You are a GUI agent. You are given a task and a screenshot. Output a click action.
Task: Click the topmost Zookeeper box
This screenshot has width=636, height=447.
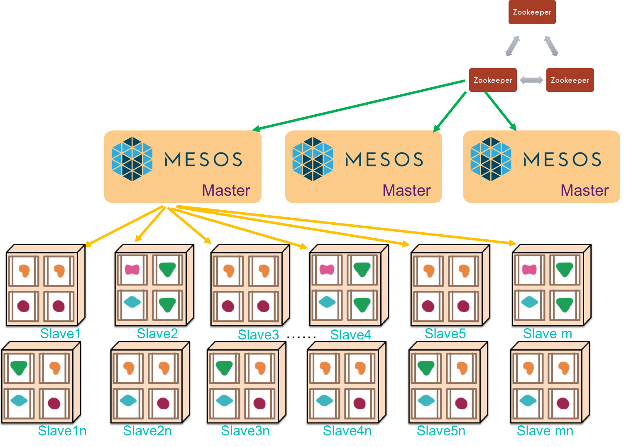coord(532,12)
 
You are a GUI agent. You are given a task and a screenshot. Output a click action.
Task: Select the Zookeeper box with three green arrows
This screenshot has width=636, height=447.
coord(493,80)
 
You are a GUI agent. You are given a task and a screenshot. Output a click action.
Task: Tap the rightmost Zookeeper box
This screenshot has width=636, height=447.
coord(570,80)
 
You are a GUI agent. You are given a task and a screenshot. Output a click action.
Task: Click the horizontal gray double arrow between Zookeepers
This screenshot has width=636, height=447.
coord(531,80)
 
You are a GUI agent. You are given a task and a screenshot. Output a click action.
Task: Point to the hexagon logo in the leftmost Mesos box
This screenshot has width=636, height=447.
coord(132,159)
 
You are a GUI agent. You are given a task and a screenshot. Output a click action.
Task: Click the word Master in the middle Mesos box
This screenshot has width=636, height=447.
coord(406,190)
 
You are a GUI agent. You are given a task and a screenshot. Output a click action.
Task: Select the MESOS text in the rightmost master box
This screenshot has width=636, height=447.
coord(562,159)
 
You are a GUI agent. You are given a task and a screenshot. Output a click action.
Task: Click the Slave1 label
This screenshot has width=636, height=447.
coord(60,334)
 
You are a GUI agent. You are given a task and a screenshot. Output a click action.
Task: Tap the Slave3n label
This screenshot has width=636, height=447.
coord(245,431)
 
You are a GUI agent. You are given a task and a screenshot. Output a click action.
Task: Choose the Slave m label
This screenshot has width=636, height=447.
coord(547,334)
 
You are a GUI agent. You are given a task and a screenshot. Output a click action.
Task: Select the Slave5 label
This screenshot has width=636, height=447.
coord(445,334)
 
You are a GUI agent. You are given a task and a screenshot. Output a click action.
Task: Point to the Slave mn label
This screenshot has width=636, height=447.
coord(545,431)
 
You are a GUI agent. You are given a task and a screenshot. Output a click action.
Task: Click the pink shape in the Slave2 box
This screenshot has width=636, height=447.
coord(132,269)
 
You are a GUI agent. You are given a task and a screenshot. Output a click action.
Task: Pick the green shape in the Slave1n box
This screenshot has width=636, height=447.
coord(19,367)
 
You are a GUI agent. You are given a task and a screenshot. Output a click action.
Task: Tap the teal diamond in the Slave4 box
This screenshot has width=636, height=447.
coord(327,302)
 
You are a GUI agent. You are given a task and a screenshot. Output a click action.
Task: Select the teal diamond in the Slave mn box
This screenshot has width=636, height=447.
coord(528,400)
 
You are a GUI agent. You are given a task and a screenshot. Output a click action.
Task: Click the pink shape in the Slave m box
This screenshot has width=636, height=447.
coord(529,270)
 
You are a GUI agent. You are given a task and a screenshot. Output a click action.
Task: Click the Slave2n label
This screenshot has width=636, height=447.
coord(147,431)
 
